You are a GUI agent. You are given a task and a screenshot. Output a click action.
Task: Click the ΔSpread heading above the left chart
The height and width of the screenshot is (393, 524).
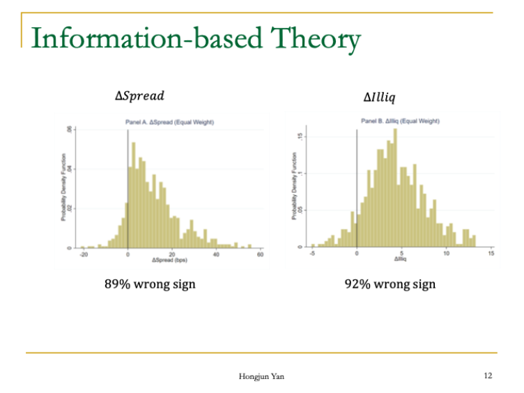click(140, 95)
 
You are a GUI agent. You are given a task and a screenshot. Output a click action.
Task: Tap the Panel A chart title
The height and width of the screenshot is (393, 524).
click(169, 122)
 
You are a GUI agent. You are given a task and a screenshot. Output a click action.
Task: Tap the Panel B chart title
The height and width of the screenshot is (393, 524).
click(400, 121)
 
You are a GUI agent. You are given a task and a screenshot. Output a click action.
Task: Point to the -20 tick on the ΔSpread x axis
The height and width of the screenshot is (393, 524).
click(84, 254)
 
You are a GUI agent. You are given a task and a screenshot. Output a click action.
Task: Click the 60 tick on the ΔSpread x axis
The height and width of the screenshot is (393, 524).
click(260, 254)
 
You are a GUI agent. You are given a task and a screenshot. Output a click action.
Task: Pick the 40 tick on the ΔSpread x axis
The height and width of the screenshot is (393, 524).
click(216, 254)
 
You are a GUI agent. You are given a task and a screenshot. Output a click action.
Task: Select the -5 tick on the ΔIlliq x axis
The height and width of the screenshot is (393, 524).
click(312, 253)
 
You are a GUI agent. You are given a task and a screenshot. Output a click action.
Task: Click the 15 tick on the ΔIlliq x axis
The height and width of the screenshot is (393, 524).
click(491, 253)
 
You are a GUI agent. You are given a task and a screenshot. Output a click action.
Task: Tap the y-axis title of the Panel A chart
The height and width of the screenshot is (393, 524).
click(63, 187)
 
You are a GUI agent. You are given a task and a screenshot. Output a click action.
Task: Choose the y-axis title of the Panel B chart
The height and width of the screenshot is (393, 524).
click(295, 186)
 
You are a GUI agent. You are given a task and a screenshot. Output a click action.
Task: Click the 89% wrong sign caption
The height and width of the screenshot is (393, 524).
click(150, 284)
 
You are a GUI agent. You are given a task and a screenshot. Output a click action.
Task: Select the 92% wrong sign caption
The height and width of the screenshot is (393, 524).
click(390, 284)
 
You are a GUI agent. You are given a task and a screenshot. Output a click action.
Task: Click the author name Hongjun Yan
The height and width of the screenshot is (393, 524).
click(261, 376)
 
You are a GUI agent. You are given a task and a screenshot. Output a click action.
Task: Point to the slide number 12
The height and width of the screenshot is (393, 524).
click(488, 376)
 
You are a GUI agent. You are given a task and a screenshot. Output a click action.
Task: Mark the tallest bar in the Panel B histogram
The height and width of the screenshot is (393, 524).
click(395, 188)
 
